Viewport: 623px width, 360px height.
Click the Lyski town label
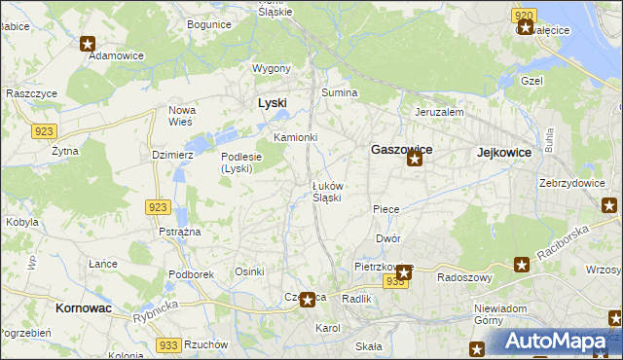coord(272,103)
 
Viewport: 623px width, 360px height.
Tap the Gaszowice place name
coord(401,151)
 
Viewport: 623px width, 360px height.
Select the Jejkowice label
coord(504,153)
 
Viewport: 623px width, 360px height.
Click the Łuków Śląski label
coord(326,191)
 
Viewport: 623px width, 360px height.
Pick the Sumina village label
coord(340,92)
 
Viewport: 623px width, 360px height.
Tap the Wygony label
coord(272,68)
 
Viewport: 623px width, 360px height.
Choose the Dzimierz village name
coord(173,154)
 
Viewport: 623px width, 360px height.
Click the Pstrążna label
coord(179,232)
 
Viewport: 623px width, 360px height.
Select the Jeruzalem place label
coord(439,112)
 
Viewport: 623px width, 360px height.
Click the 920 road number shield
coord(524,15)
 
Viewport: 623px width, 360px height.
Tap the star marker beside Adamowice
coord(88,43)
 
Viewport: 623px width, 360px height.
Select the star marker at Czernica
coord(308,301)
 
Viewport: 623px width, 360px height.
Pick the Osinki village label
coord(250,271)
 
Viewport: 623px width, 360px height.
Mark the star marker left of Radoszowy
coord(522,264)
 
